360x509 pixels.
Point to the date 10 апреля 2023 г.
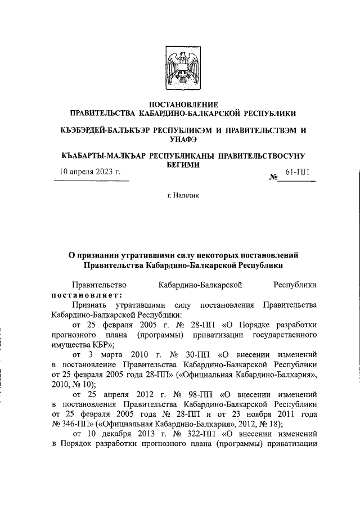pyautogui.click(x=91, y=173)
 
